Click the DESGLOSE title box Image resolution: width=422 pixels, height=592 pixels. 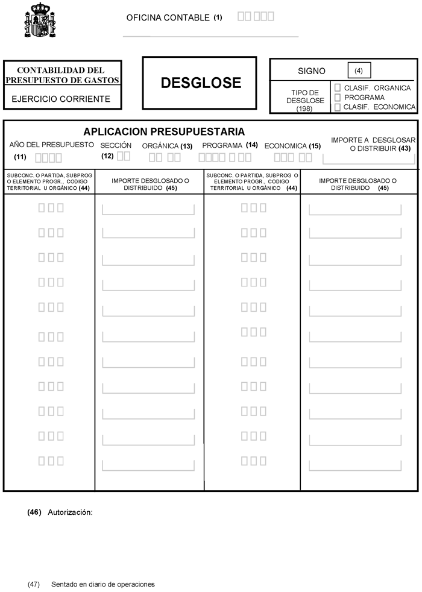(200, 83)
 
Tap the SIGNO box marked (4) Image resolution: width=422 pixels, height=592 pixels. (359, 71)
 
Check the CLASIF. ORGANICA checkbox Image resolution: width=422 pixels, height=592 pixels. (338, 88)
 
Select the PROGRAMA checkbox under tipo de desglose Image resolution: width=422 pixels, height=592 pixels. (338, 97)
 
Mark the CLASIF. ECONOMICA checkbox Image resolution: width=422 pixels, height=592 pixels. (338, 107)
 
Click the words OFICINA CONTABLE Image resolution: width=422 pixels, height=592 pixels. (168, 17)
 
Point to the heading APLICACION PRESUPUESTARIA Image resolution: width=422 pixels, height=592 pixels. (164, 131)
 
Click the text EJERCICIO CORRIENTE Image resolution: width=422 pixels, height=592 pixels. (61, 99)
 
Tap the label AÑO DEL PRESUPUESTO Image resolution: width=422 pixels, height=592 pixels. (52, 145)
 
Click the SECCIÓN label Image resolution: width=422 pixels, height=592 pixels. (116, 145)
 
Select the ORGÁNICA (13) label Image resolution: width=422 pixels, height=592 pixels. (167, 146)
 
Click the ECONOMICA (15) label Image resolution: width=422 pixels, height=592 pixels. (292, 146)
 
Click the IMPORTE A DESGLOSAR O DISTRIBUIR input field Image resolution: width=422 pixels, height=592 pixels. (368, 159)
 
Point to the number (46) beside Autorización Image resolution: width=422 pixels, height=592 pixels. (34, 512)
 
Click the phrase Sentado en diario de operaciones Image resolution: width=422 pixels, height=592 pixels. (103, 584)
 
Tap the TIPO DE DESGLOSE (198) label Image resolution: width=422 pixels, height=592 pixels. (305, 100)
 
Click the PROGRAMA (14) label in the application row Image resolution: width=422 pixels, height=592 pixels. (230, 145)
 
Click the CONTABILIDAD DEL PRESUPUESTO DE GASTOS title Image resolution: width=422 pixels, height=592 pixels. (61, 75)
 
